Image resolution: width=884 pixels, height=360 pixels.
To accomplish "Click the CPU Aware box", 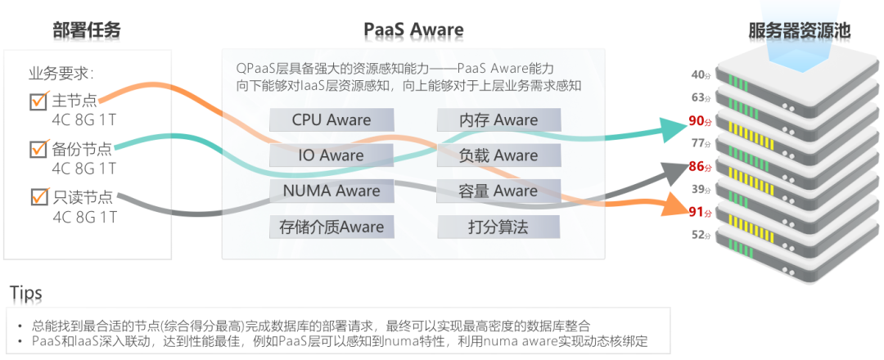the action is click(331, 120).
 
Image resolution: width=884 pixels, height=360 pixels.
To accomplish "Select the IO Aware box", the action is click(331, 155).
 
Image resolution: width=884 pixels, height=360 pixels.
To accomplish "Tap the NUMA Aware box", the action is click(331, 191).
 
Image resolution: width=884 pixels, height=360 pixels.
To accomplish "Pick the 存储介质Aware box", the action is click(331, 227).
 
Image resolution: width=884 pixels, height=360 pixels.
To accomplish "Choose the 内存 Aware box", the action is click(498, 120).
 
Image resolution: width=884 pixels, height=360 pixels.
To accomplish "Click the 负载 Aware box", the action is click(498, 155).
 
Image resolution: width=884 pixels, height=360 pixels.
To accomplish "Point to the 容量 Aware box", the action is click(498, 191).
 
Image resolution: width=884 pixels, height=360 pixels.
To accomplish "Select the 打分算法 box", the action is click(498, 227).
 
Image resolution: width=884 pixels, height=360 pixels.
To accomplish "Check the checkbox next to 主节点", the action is click(38, 101).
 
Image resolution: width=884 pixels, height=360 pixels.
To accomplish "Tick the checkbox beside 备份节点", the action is click(38, 149).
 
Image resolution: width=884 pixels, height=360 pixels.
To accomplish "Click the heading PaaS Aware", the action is click(413, 30).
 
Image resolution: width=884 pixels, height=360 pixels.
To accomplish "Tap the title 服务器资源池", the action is click(800, 30).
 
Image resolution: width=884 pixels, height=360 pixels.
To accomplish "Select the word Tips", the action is click(25, 293).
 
